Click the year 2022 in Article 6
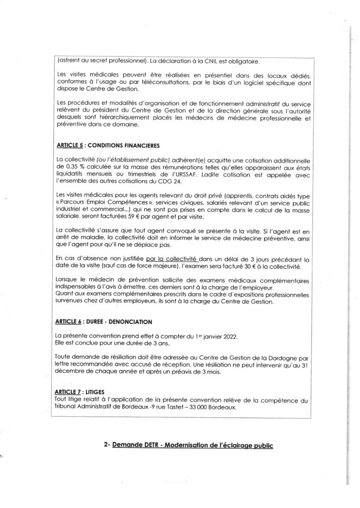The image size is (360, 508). pyautogui.click(x=228, y=337)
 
